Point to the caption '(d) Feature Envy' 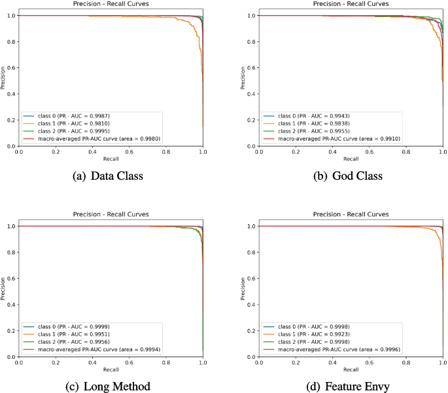point(351,386)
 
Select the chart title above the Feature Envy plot point(351,214)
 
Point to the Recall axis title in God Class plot point(351,159)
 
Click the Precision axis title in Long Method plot point(3,292)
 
